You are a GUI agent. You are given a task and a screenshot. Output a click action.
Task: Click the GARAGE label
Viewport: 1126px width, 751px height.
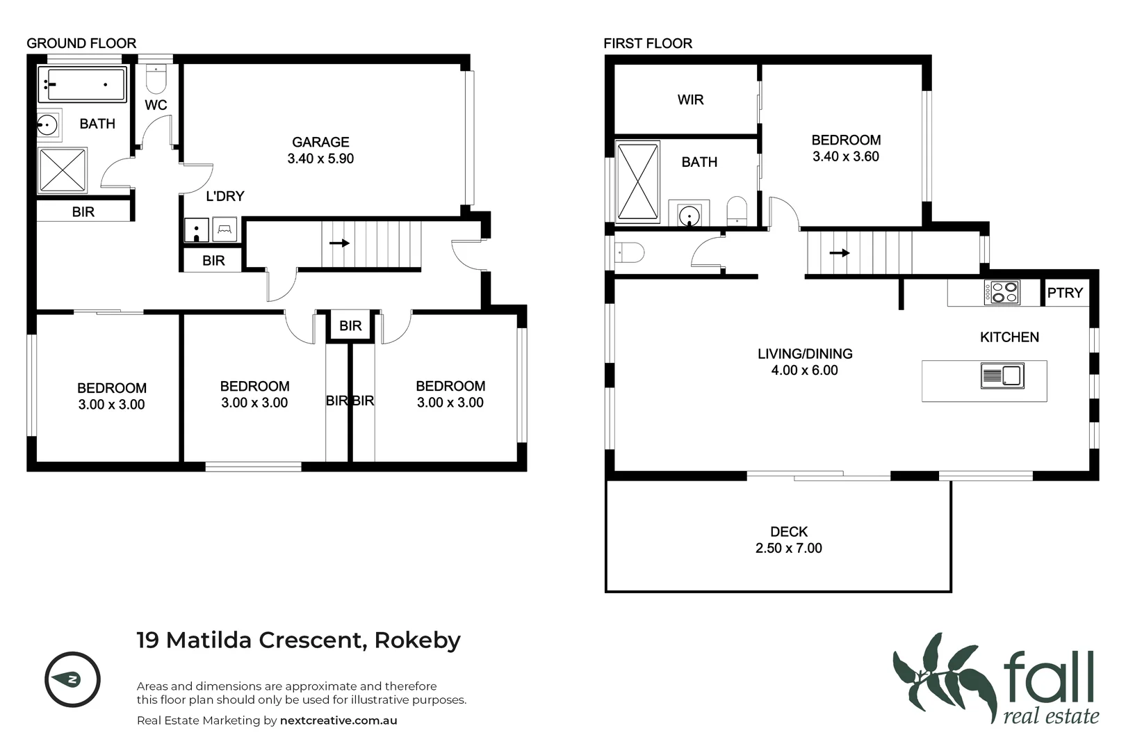(320, 142)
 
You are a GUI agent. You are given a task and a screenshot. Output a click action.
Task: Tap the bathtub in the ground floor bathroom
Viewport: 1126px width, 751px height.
(82, 84)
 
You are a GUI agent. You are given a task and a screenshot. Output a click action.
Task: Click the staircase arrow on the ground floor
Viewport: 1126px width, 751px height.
(339, 243)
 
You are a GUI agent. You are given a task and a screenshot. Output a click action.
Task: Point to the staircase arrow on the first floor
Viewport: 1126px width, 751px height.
(840, 253)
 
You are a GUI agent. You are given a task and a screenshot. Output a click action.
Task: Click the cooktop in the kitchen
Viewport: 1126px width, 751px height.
(1002, 292)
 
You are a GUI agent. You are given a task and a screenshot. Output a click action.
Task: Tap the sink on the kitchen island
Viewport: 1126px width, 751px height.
(1002, 376)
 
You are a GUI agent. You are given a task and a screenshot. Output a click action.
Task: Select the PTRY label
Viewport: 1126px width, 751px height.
(1065, 293)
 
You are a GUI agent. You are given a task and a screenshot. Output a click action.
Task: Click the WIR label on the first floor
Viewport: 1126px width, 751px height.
(690, 100)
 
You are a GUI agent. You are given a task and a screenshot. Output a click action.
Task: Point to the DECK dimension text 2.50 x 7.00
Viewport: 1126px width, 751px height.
(788, 549)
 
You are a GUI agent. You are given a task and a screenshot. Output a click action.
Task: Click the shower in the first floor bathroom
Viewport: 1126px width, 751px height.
(637, 182)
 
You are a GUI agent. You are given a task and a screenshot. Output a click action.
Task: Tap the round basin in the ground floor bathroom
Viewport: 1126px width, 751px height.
(47, 125)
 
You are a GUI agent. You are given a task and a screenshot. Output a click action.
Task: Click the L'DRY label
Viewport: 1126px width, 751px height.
(225, 196)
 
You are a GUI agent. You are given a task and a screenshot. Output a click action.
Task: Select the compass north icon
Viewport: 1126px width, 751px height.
(72, 679)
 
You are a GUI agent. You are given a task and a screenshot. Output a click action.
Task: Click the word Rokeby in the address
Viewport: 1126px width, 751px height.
(417, 640)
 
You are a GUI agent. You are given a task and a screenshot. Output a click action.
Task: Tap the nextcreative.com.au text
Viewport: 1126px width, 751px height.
(338, 720)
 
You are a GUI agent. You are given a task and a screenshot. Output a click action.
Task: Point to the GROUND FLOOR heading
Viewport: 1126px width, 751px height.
(81, 43)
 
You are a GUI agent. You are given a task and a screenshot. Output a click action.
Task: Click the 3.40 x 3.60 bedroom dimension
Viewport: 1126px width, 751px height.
(846, 157)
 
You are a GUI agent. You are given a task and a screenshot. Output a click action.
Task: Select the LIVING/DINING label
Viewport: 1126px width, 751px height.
(804, 354)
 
